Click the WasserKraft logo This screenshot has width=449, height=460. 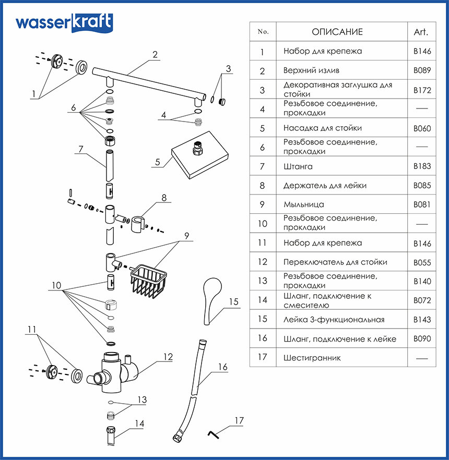tap(63, 23)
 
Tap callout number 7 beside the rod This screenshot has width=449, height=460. tap(80, 149)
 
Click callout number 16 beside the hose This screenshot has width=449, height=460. tap(222, 367)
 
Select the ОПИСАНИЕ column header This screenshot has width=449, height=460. tap(337, 32)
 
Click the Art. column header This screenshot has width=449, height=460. tap(421, 32)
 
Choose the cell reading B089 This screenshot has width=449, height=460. tap(421, 70)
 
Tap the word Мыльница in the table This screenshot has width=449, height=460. tap(303, 204)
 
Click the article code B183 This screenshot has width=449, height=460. tap(421, 166)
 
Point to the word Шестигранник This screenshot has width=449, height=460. tap(312, 358)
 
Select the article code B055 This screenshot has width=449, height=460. tap(421, 262)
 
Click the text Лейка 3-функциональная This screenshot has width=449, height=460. tap(334, 320)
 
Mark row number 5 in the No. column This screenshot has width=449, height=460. tap(263, 128)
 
